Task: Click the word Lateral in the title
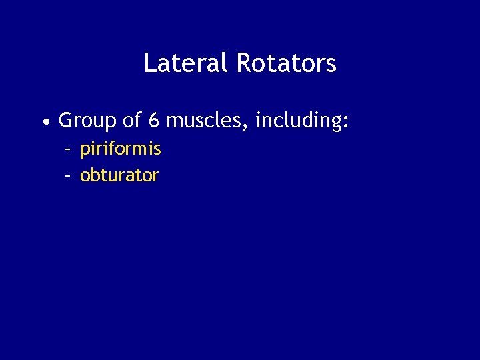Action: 175,64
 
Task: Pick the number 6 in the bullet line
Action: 154,121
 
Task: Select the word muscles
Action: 205,121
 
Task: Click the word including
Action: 296,121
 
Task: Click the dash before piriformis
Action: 68,149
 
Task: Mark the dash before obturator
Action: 68,175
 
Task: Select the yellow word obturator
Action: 119,175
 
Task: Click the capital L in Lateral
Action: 149,64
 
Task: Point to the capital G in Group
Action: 66,121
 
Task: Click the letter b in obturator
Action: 95,175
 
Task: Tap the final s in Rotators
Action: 331,66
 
